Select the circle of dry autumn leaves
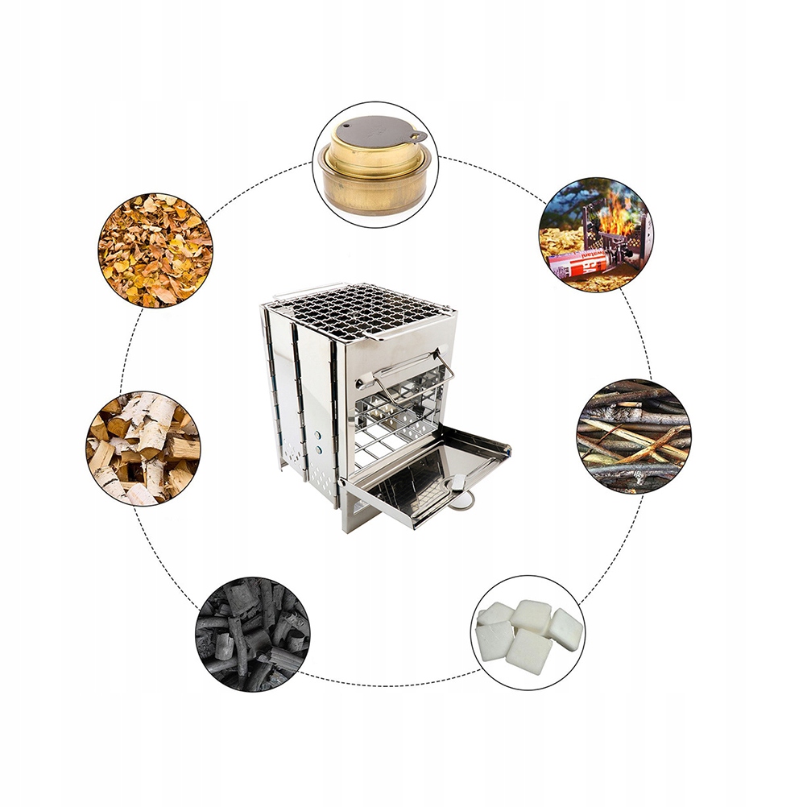[155, 250]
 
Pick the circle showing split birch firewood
[143, 448]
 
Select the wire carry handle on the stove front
[413, 366]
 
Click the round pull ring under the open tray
[461, 501]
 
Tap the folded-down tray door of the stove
[427, 475]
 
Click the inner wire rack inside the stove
[395, 419]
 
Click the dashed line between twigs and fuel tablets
[620, 548]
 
